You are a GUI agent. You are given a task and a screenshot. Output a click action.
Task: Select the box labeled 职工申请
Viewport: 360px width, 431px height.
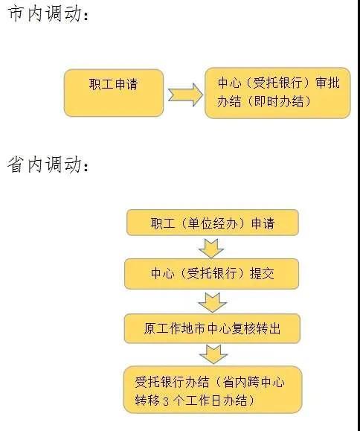[114, 93]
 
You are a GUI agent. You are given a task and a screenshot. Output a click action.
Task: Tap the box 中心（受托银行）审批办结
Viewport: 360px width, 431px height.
[277, 93]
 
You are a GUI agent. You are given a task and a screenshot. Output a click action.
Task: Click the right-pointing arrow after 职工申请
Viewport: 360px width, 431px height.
[185, 95]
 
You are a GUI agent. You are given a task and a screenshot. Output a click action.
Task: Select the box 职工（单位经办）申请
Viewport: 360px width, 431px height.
[213, 223]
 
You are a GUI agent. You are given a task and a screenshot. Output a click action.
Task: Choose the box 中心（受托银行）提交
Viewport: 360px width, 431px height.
[211, 273]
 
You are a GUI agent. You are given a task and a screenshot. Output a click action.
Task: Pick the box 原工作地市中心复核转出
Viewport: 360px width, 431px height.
[212, 328]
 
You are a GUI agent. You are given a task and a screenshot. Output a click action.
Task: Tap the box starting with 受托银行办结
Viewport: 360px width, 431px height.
[213, 390]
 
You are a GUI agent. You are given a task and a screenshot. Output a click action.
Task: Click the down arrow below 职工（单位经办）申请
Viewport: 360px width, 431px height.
[211, 248]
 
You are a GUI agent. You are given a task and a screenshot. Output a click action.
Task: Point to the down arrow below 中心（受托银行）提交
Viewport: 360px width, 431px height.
[212, 302]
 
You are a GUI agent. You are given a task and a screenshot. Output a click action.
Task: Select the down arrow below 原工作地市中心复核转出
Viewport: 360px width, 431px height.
[213, 354]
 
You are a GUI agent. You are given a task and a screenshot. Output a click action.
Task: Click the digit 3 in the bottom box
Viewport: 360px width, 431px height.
[166, 401]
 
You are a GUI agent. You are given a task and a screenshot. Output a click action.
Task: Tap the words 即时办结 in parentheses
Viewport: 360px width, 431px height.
[279, 102]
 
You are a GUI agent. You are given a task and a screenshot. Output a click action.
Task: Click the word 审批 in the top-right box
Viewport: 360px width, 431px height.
[328, 83]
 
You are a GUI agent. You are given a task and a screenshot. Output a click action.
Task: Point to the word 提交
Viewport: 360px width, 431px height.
[262, 273]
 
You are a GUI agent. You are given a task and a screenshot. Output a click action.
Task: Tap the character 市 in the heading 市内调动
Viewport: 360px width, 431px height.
[15, 14]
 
